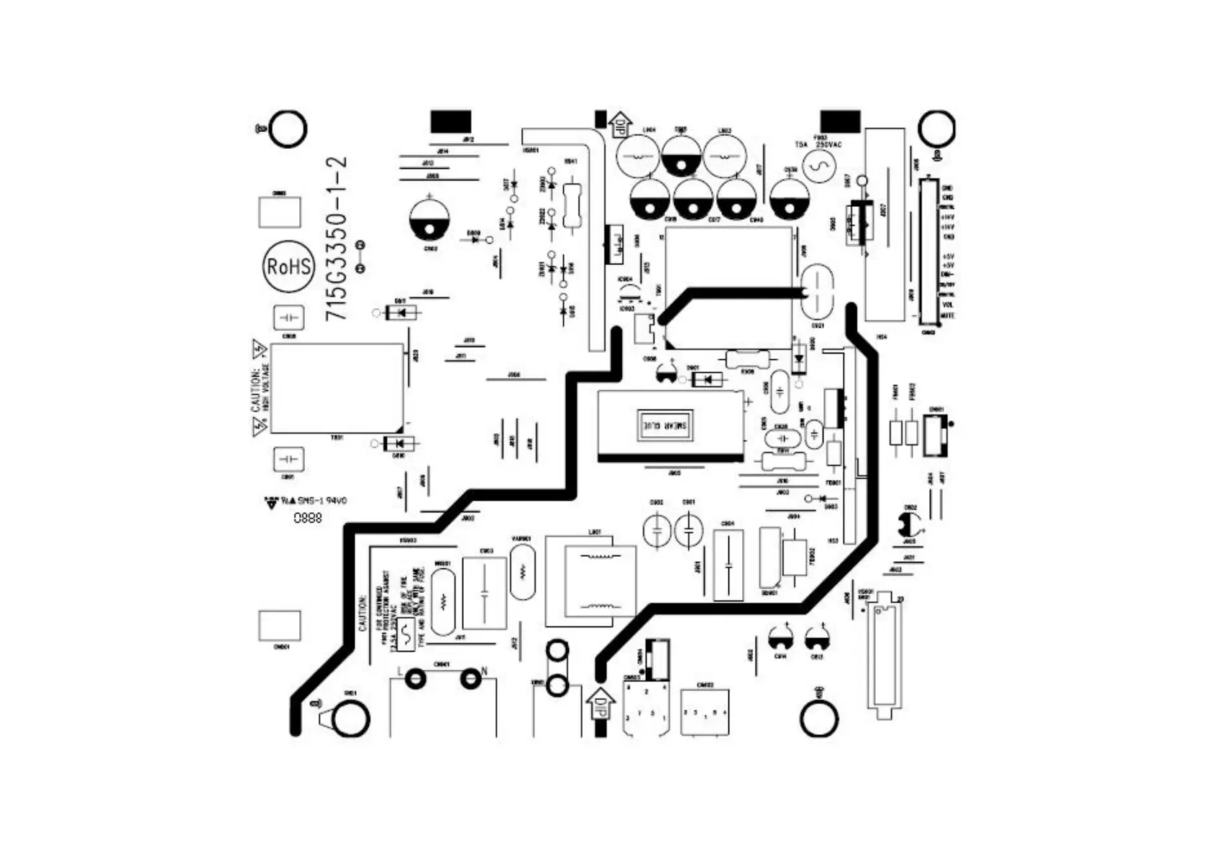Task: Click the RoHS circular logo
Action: [288, 266]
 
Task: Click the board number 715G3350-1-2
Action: [337, 239]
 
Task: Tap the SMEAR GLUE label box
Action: [668, 425]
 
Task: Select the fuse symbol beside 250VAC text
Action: [819, 167]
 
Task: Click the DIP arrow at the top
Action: [619, 124]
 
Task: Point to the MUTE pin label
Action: [948, 315]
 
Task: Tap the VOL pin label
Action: [948, 305]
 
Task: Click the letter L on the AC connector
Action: [401, 672]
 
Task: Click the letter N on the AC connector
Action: [485, 672]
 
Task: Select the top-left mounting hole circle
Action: [288, 129]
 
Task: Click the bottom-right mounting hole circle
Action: [819, 718]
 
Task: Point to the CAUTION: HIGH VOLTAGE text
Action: [260, 388]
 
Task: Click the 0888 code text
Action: [307, 518]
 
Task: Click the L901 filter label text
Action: [595, 532]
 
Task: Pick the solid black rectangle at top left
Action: [451, 121]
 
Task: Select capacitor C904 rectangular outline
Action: [728, 565]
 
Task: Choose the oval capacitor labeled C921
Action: [818, 292]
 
